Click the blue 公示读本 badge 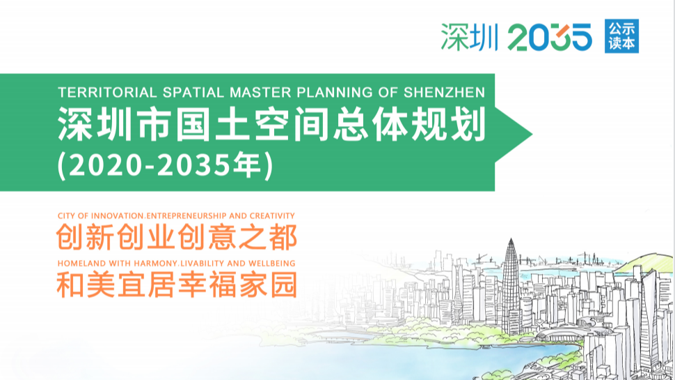click(621, 36)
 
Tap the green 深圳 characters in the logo click(470, 37)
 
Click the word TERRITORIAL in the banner click(107, 92)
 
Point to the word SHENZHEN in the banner click(444, 92)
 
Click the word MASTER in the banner click(260, 92)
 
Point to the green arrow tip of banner click(532, 134)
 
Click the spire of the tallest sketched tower click(511, 240)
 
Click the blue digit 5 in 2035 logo click(579, 37)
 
